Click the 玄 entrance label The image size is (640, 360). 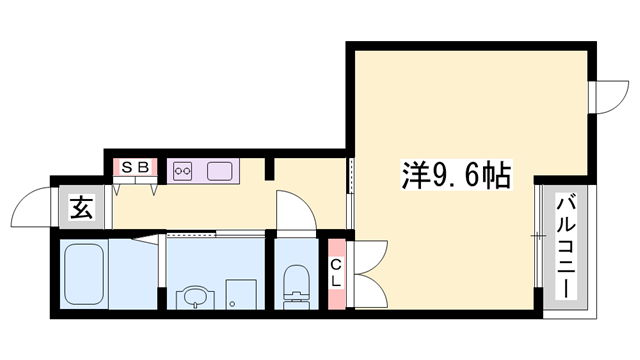point(81,209)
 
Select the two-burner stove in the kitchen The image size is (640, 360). point(182,170)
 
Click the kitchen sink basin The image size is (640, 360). point(220,170)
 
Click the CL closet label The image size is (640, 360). point(337,271)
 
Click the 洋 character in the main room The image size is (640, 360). point(412,178)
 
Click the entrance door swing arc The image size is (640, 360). point(30,208)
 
